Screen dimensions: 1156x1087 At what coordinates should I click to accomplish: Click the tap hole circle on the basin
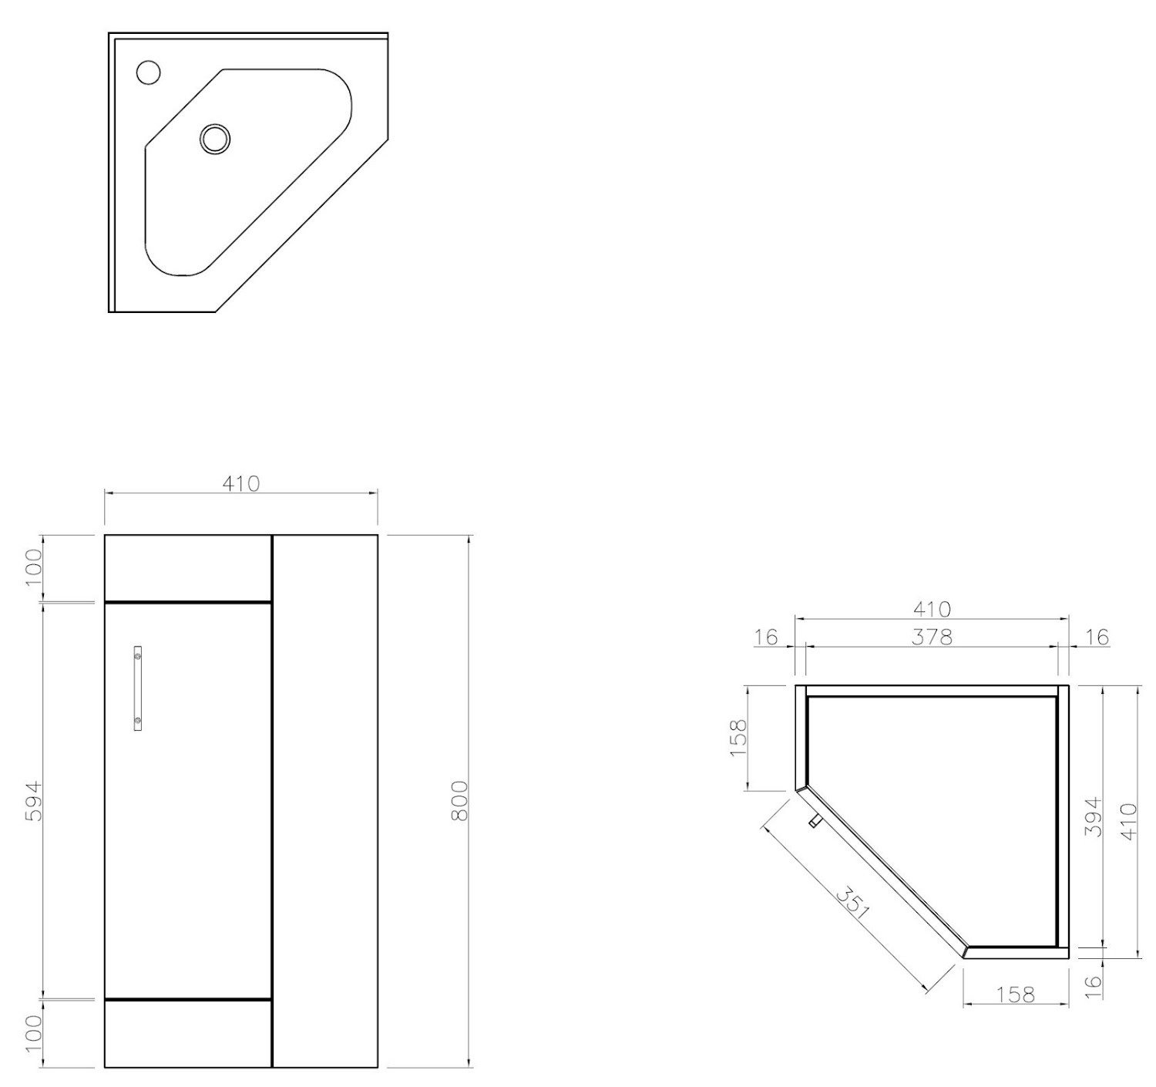coord(149,72)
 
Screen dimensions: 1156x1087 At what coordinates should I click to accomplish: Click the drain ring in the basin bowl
coord(215,139)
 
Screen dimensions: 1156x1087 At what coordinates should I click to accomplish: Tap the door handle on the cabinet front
coord(138,688)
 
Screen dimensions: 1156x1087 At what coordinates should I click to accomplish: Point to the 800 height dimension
coord(460,801)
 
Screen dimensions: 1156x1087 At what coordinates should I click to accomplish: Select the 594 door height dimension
coord(35,801)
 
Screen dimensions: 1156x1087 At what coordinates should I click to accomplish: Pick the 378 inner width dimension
coord(932,638)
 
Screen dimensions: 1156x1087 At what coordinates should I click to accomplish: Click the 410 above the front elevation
coord(241,483)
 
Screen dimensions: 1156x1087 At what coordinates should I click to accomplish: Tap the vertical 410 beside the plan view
coord(1128,821)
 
